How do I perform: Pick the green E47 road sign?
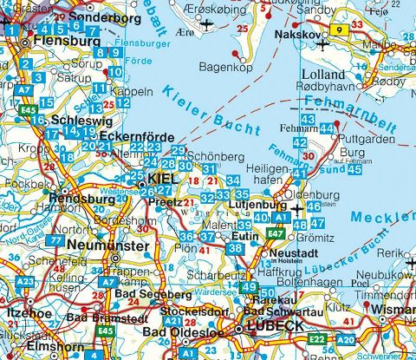coord(276,233)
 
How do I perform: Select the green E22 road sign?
coord(318,337)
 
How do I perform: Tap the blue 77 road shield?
coord(56,239)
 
